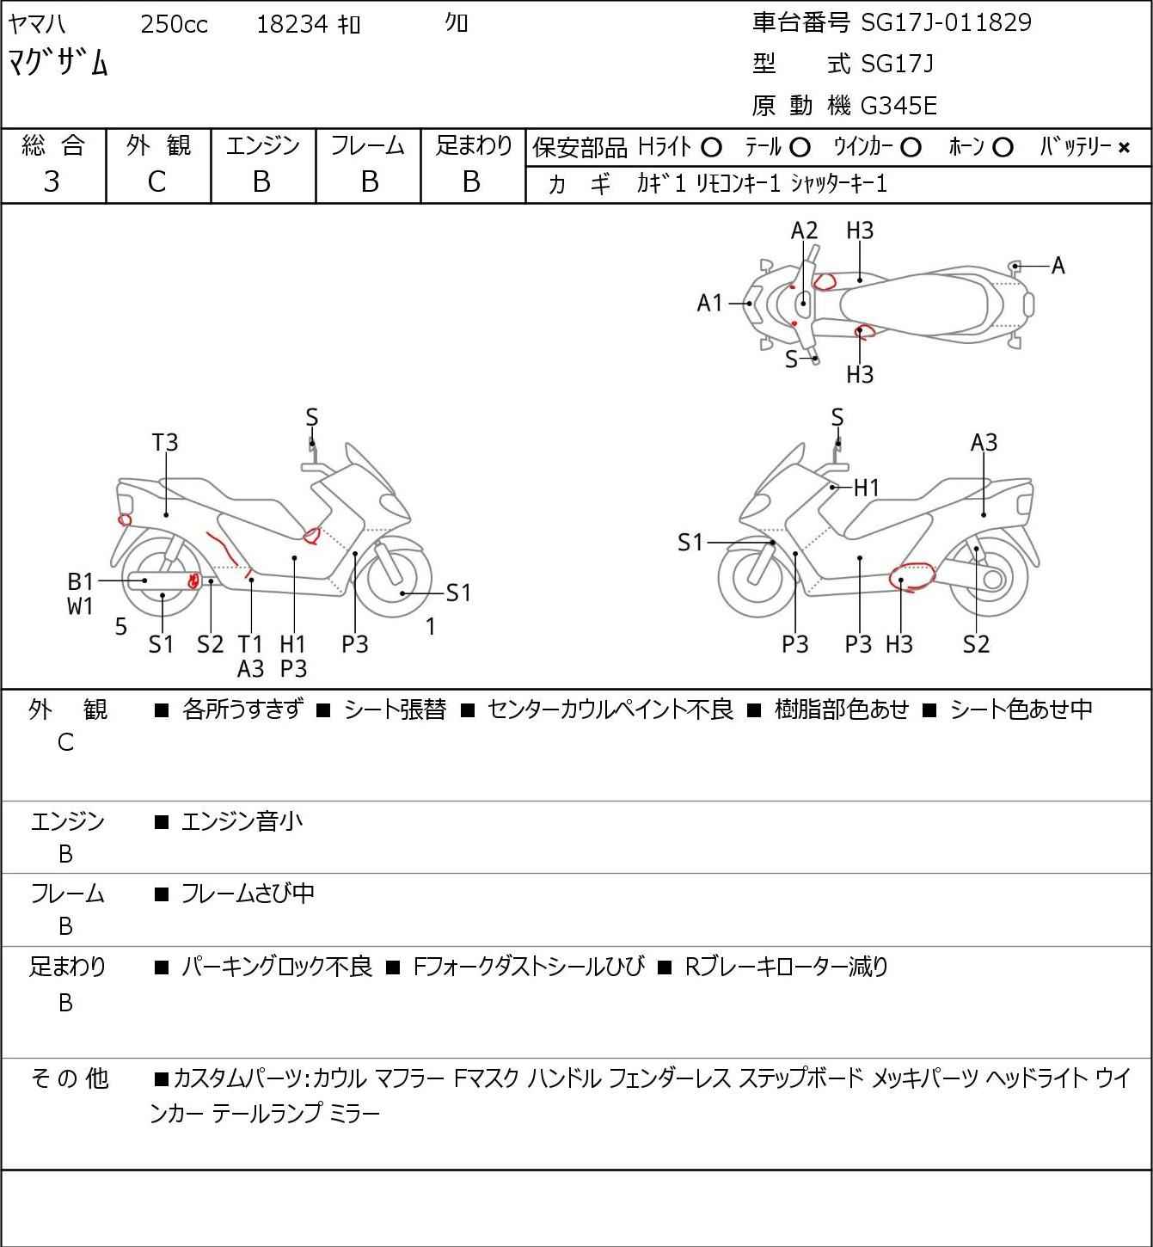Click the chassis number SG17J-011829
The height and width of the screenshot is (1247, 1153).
[946, 22]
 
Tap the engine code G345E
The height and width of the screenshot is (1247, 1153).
[898, 106]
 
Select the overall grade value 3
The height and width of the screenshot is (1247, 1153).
[52, 182]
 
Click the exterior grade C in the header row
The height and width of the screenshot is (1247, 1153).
[156, 182]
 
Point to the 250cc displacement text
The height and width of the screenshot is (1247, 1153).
[174, 24]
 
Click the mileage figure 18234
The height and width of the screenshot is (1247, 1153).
[292, 24]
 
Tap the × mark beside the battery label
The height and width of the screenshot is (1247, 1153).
[1124, 148]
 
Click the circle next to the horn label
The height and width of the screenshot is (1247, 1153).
[1003, 148]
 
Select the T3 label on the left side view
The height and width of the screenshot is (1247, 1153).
[165, 443]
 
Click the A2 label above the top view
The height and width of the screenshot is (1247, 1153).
[804, 230]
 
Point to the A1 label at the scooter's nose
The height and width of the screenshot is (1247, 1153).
[710, 304]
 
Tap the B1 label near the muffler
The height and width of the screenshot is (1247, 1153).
[80, 581]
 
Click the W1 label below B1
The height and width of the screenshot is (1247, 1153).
[80, 606]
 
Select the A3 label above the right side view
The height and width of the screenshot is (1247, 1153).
[984, 443]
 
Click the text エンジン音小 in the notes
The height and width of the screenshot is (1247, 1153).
[242, 821]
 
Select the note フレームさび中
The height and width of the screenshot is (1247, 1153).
[248, 894]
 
